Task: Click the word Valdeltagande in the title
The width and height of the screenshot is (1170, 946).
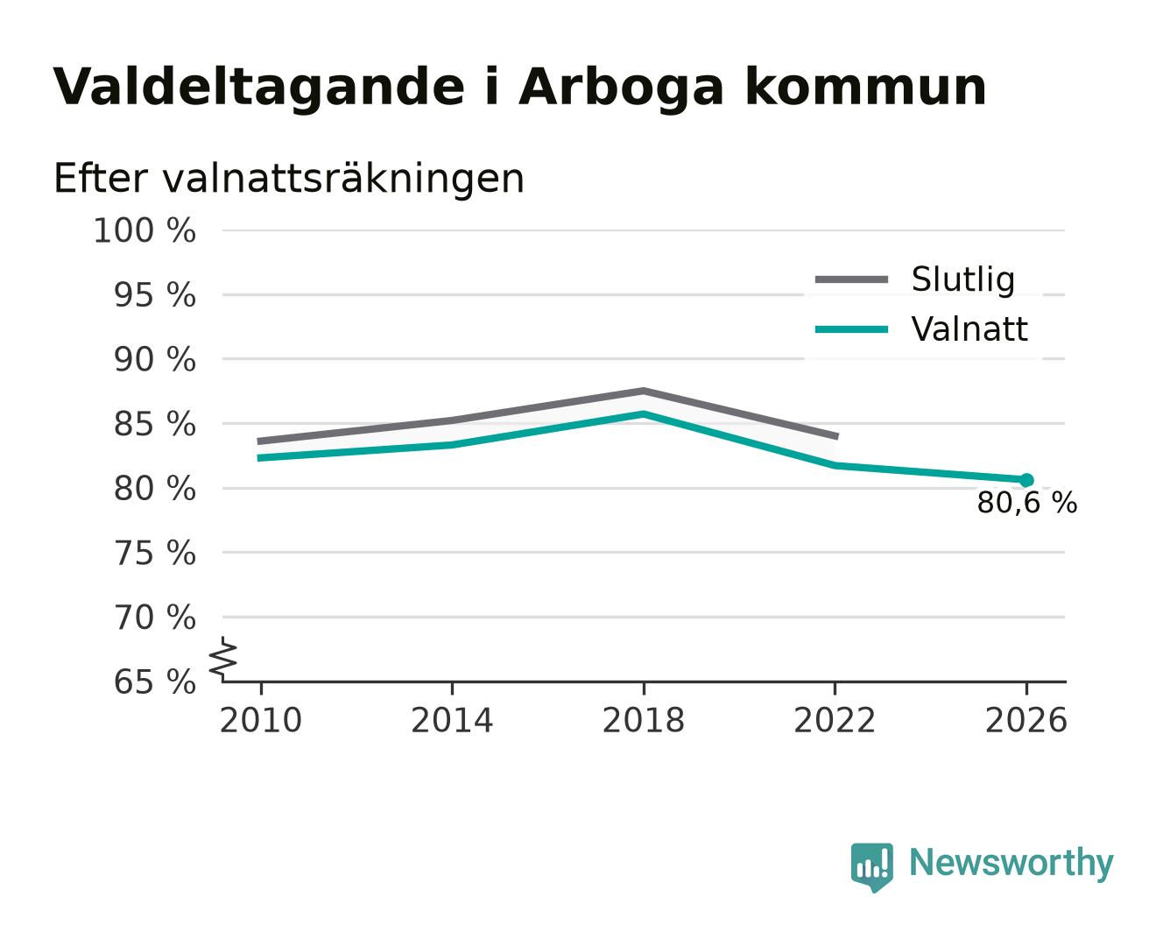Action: coord(258,88)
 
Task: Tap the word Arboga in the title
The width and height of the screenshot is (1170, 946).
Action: coord(621,88)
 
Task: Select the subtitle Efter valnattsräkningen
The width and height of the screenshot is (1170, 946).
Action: coord(289,179)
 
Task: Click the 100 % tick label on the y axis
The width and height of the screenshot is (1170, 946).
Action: coord(144,230)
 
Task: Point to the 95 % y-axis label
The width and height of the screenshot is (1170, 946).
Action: coord(154,295)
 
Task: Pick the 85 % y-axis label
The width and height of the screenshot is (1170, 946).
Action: coord(154,424)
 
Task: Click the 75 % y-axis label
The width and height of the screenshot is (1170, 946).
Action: coord(154,553)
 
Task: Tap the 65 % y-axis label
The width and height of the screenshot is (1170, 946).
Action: coord(154,681)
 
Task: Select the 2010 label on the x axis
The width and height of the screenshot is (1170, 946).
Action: coord(261,720)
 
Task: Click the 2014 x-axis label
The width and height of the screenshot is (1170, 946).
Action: coord(452,720)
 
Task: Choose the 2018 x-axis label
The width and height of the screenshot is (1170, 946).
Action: coord(644,720)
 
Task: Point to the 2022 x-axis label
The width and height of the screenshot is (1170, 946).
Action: coord(835,720)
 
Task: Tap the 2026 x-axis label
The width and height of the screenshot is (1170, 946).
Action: coord(1026,720)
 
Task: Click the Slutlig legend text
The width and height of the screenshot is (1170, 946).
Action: coord(963,279)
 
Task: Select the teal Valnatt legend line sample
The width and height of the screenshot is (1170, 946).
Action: coord(851,329)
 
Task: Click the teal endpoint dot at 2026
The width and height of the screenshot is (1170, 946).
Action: coord(1026,480)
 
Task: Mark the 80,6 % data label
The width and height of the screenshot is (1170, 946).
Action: coord(1026,503)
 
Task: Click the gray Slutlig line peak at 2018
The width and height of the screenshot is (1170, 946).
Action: coord(643,392)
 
